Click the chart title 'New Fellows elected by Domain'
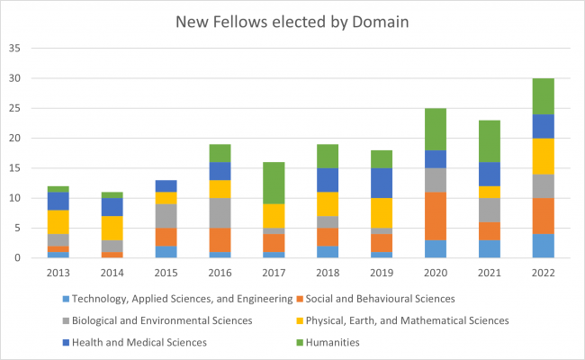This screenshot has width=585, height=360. (x=292, y=20)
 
